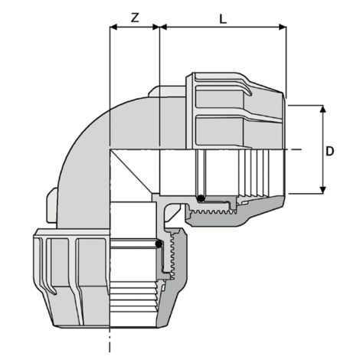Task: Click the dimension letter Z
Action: pos(135,18)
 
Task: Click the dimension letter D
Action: pos(330,151)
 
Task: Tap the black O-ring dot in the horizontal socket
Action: pos(201,198)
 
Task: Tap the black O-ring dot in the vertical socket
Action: pos(159,244)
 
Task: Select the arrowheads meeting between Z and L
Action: pos(159,28)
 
